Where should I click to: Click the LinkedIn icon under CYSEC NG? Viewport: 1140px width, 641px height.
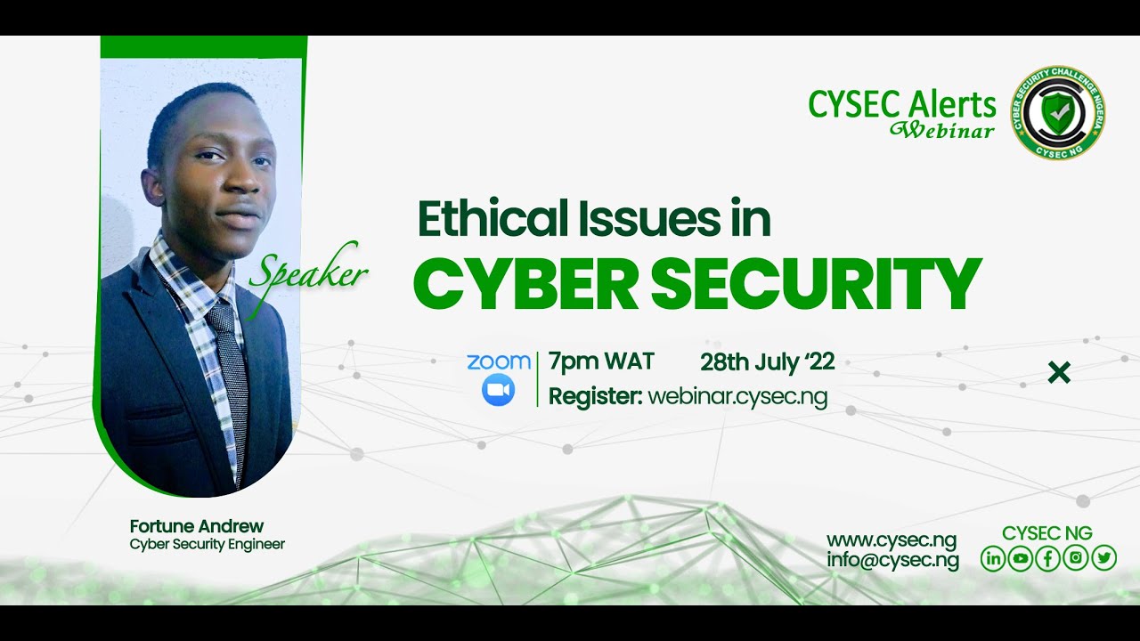(x=992, y=558)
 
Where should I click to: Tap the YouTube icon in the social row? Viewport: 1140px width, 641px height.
(x=1020, y=558)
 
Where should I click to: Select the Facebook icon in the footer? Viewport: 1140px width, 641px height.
(x=1048, y=558)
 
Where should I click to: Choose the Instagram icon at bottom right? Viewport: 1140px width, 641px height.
(x=1076, y=558)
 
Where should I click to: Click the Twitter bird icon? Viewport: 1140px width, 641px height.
(x=1103, y=558)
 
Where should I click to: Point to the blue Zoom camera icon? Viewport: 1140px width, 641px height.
(x=498, y=390)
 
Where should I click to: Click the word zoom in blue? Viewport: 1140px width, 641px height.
(x=498, y=361)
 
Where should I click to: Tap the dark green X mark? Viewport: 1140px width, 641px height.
(x=1059, y=373)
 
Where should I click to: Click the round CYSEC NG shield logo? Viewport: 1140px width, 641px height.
(x=1057, y=113)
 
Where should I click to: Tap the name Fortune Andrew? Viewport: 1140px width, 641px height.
(x=197, y=526)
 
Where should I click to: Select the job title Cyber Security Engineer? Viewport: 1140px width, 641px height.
(x=208, y=544)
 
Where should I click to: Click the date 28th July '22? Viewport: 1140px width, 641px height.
(x=767, y=361)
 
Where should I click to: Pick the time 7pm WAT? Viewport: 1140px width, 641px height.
(x=601, y=361)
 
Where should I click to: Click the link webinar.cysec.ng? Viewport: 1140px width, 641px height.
(x=737, y=396)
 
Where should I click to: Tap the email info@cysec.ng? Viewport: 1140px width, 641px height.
(x=892, y=560)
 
